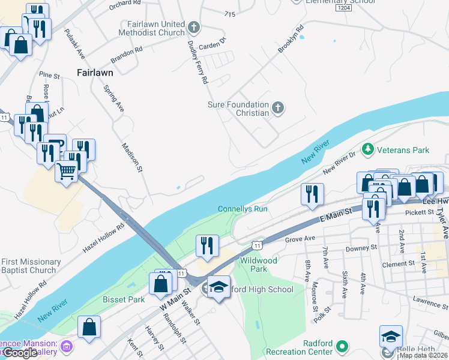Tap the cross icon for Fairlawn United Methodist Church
tap(193, 27)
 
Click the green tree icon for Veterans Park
tap(367, 148)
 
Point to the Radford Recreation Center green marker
tap(342, 347)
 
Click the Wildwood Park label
tap(258, 265)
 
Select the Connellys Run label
tap(242, 209)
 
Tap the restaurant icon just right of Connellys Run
tap(312, 193)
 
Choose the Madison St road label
tap(131, 157)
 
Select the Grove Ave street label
tap(300, 238)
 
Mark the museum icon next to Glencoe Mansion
tap(67, 347)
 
